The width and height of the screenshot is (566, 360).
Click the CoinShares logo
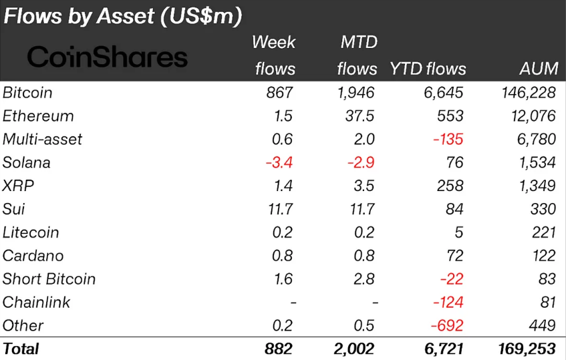tap(107, 57)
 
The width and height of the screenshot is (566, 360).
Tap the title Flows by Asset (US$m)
tap(122, 17)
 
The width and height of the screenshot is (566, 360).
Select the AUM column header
tap(538, 69)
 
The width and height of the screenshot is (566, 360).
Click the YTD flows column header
tap(428, 69)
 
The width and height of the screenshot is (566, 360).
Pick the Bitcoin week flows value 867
tap(279, 93)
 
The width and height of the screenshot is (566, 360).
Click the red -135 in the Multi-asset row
tap(448, 140)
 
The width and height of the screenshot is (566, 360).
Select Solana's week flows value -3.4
tap(278, 163)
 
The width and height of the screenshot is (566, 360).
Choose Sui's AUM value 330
tap(543, 209)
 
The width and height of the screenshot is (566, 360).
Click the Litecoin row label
tap(31, 232)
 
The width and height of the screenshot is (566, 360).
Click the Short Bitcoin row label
tap(49, 279)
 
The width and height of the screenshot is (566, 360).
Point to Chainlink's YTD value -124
tap(448, 303)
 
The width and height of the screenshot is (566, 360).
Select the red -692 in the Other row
tap(448, 326)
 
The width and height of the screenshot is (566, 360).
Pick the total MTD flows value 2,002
tap(354, 349)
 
